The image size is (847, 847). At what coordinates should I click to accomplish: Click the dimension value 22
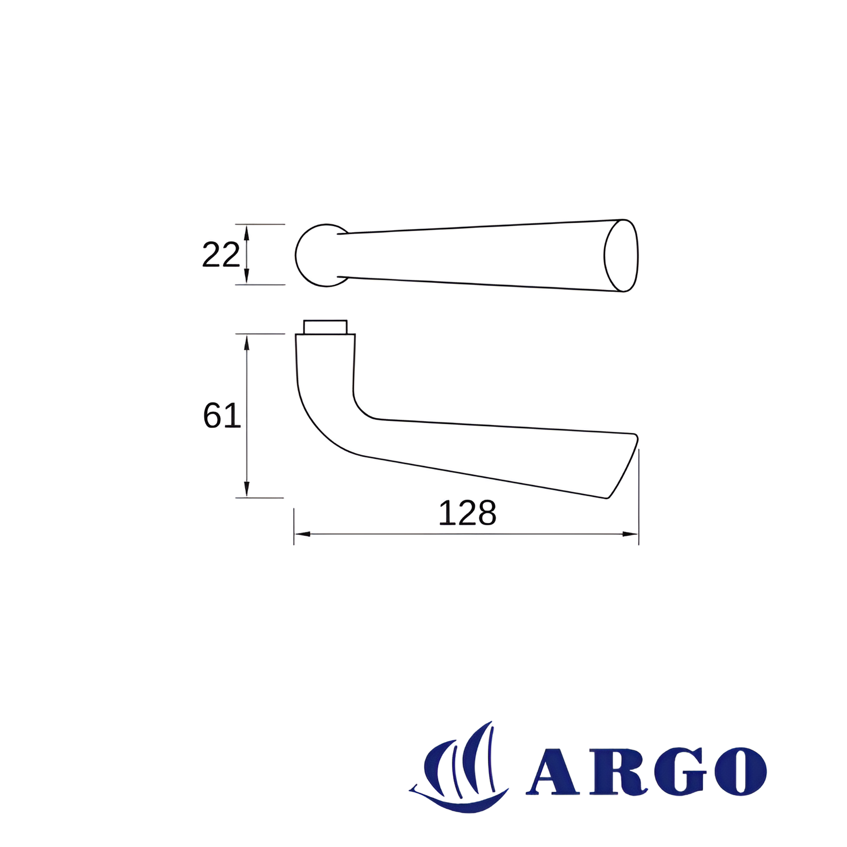221,255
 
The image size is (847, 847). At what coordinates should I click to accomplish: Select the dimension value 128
467,513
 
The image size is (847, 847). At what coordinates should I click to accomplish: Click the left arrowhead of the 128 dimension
302,534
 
